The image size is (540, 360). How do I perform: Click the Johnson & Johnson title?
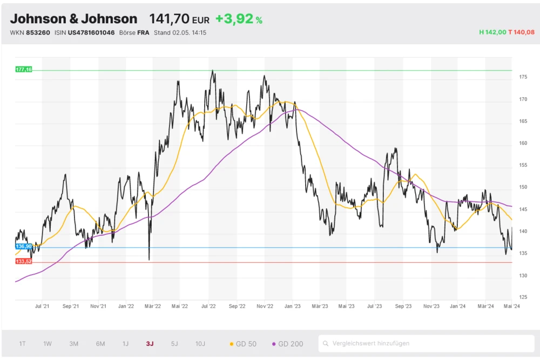pos(73,19)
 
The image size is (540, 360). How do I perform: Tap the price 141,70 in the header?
pos(169,19)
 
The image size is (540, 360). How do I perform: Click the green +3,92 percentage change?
pos(234,19)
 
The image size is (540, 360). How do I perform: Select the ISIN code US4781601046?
pos(91,32)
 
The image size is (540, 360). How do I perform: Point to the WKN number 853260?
pos(38,32)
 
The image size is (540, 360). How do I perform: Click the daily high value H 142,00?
pos(492,32)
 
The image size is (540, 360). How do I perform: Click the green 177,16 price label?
pos(24,70)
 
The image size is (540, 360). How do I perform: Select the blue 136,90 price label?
pos(24,246)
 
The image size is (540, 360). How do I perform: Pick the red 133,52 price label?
pos(24,261)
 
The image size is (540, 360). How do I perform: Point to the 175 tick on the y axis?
pos(523,77)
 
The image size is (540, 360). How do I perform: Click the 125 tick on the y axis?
pos(523,297)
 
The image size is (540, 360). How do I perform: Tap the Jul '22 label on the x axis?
pos(208,306)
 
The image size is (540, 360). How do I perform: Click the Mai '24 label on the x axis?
pos(511,306)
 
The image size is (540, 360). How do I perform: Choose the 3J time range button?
pos(150,344)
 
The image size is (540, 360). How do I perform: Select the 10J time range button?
pos(200,344)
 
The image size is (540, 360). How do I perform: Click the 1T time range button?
pos(23,344)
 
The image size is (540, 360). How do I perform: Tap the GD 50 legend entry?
pos(244,344)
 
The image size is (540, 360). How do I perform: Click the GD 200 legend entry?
pos(288,344)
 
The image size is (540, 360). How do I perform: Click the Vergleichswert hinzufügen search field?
pos(427,343)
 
